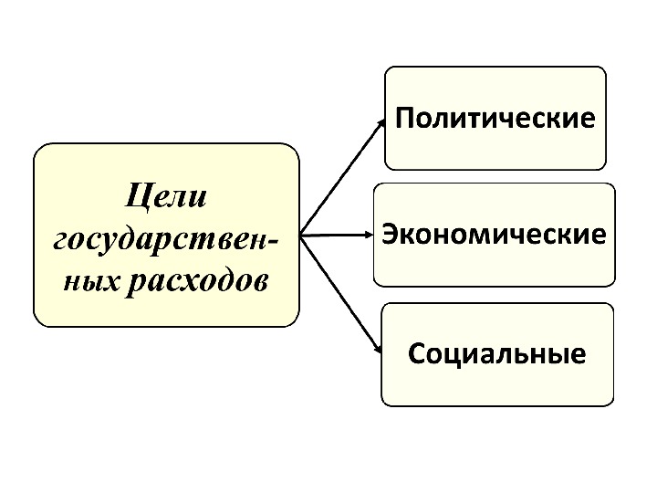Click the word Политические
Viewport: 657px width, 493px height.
point(495,119)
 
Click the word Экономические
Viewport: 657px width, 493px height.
point(494,235)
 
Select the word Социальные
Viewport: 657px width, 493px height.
point(497,352)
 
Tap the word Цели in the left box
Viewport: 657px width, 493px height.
point(166,194)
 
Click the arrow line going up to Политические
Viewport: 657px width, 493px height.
point(342,176)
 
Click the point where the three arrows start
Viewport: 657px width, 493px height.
point(302,235)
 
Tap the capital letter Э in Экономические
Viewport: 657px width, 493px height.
point(390,234)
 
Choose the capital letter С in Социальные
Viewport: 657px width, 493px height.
point(416,352)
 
